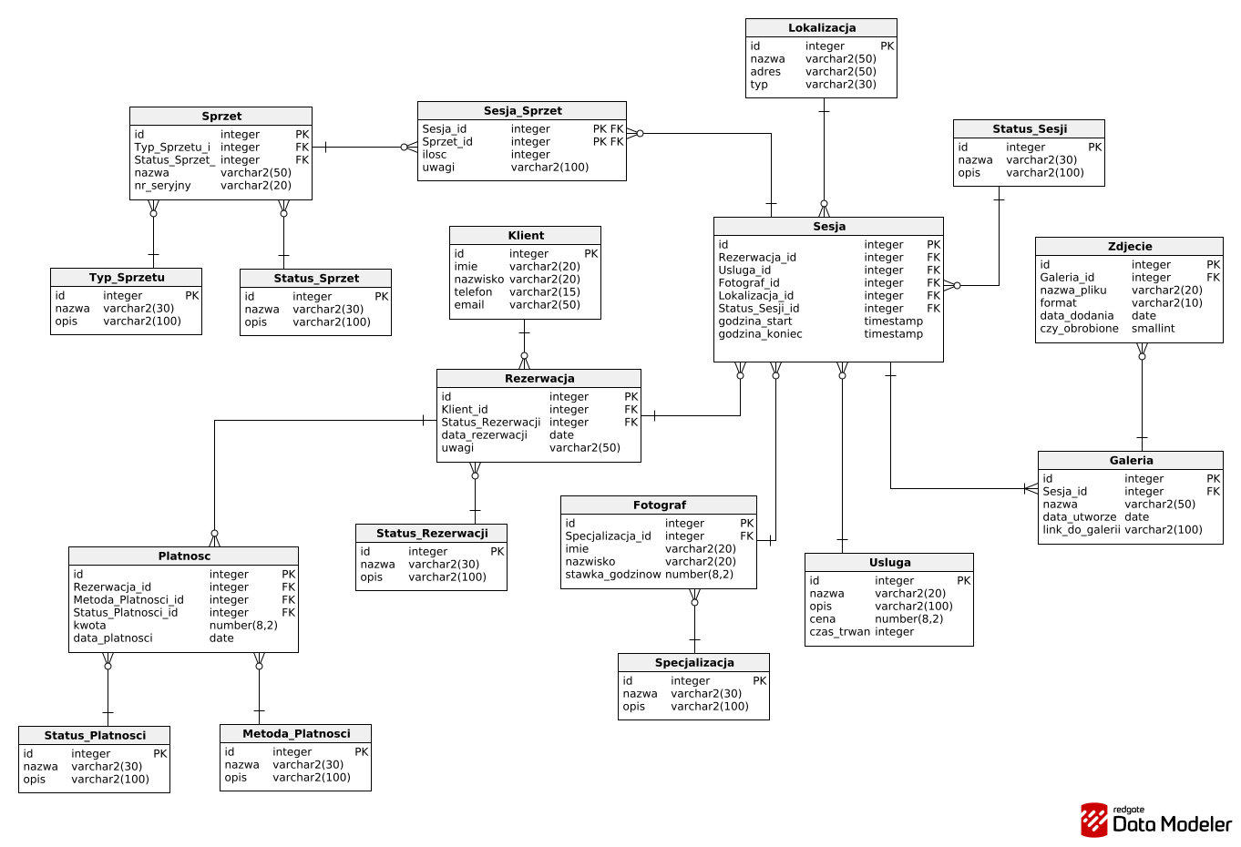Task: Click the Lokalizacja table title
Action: pos(822,27)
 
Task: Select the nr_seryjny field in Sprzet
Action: pos(162,186)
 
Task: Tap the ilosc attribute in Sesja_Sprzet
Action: pos(435,155)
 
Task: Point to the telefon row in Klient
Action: pos(473,291)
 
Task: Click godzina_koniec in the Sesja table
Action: pos(760,334)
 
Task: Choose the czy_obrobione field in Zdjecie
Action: pos(1079,328)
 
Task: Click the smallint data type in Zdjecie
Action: pos(1153,328)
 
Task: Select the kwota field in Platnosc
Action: pos(89,625)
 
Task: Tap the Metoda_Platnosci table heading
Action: pos(296,733)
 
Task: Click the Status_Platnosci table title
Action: pos(95,735)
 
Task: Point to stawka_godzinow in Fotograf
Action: pos(612,574)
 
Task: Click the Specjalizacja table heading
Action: pos(694,663)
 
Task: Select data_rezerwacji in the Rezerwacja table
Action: pos(484,435)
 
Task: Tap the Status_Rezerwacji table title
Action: pos(432,533)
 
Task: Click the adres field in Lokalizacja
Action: pos(765,71)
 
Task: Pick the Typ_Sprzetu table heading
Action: pos(127,278)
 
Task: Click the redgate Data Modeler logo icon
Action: pos(1094,820)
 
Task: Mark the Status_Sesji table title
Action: pos(1030,129)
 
